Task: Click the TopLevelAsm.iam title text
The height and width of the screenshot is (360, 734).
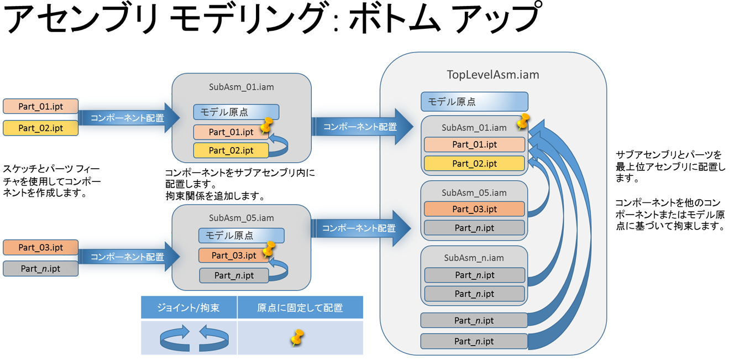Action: tap(492, 74)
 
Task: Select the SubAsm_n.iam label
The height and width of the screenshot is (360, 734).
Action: tap(474, 258)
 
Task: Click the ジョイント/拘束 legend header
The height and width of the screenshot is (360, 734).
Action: tap(188, 307)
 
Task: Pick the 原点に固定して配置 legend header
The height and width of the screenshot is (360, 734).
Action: tap(300, 307)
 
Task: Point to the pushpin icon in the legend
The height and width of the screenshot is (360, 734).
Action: tap(297, 337)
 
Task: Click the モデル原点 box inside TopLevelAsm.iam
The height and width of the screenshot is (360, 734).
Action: tap(474, 102)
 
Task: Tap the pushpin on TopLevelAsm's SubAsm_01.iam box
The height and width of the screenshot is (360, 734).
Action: tap(521, 121)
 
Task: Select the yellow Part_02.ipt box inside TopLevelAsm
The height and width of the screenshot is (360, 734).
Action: tap(474, 164)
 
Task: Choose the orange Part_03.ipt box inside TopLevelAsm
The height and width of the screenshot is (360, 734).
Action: tap(474, 209)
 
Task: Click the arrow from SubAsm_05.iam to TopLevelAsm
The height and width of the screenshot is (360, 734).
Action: tap(363, 227)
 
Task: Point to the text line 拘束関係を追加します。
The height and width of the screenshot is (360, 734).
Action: tap(215, 196)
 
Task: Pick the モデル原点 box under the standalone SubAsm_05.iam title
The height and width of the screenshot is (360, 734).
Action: tap(241, 236)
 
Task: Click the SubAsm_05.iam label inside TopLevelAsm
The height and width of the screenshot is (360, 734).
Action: tap(474, 193)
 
